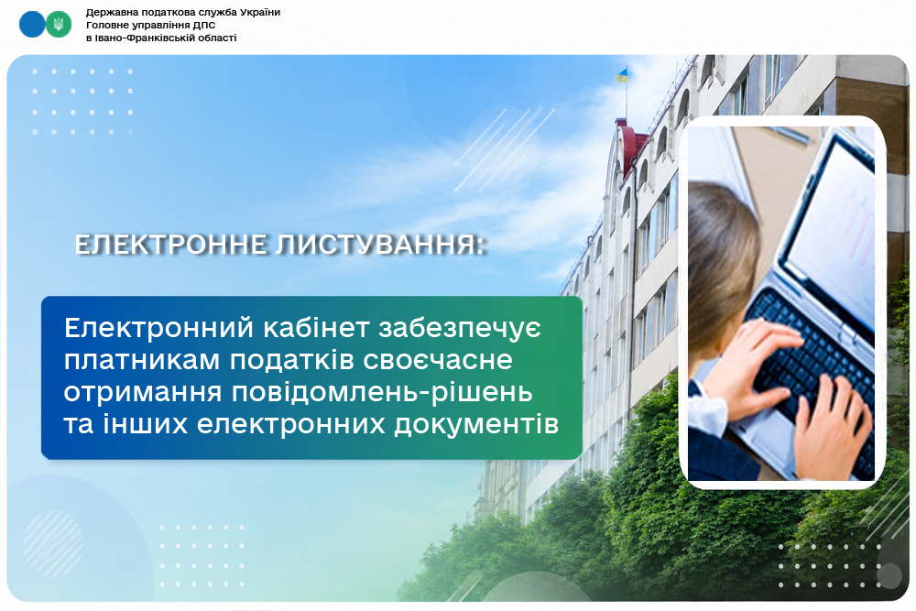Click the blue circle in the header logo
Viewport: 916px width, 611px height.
(x=31, y=25)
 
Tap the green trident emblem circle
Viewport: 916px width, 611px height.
(x=59, y=25)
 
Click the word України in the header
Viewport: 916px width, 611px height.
(x=260, y=12)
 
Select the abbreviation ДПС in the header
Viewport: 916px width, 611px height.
(x=204, y=25)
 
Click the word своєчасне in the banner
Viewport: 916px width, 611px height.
(x=438, y=360)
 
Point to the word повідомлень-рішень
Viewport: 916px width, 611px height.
(x=382, y=393)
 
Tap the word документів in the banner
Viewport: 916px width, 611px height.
(x=476, y=425)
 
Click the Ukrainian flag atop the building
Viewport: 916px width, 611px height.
(x=622, y=75)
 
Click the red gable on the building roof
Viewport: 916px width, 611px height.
(x=631, y=146)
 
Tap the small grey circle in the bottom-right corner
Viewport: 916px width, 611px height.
(x=889, y=576)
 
